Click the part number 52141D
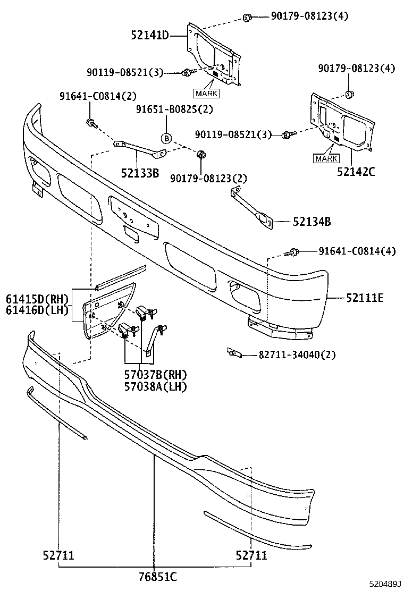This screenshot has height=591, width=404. [x=149, y=36]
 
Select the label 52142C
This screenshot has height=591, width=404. [x=356, y=172]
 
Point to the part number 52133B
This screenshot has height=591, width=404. [x=140, y=172]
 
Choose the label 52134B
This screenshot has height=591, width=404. [x=311, y=222]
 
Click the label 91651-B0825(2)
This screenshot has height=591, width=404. [x=174, y=109]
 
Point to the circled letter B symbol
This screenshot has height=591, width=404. [x=166, y=138]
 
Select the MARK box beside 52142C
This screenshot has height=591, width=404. [x=326, y=158]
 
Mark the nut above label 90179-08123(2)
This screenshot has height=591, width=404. [x=202, y=155]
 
